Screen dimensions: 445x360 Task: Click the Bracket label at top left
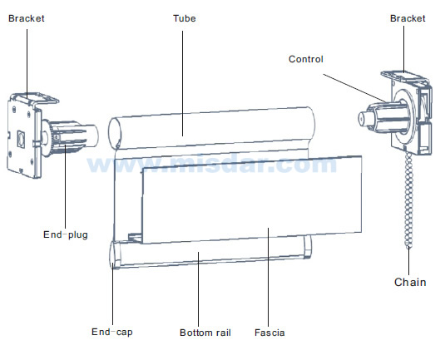pos(27,18)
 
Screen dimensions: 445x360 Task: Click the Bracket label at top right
pos(408,18)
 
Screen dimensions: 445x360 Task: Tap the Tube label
pos(185,18)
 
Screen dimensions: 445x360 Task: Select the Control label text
pos(305,59)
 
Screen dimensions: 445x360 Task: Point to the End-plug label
pos(66,234)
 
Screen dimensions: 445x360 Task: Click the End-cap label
pos(111,332)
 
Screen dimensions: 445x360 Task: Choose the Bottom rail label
pos(205,333)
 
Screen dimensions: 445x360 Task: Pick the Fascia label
pos(269,333)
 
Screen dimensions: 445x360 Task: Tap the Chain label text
pos(410,283)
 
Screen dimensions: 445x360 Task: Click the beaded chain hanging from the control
pos(408,199)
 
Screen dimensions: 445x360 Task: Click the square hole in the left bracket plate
pos(21,139)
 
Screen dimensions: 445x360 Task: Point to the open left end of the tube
pos(115,133)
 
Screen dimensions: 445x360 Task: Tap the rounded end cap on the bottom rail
pos(116,254)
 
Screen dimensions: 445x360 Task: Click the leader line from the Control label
pos(354,88)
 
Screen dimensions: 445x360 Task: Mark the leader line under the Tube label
pos(182,83)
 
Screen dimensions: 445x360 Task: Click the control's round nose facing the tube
pos(363,119)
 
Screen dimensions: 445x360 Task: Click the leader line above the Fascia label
pos(268,277)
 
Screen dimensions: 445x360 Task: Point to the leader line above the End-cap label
pos(112,294)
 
